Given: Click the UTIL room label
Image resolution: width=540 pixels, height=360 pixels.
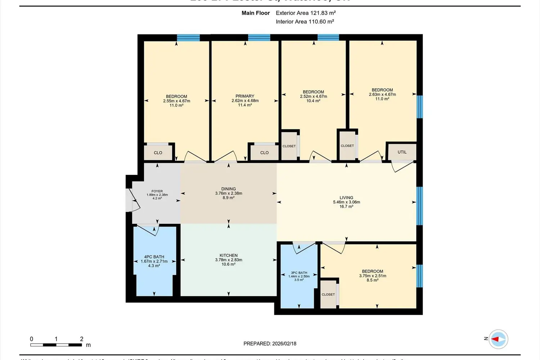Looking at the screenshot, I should pos(402,152).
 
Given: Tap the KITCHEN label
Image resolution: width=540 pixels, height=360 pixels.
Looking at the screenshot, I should pos(229,255).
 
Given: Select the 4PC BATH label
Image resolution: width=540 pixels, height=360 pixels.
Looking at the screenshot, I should pos(154,257).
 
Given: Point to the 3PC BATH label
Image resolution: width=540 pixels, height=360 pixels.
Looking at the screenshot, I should pos(299,273).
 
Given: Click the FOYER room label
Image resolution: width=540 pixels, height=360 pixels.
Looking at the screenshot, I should pos(157,191).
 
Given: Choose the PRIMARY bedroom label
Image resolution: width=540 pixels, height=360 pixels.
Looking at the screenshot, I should pos(245,96).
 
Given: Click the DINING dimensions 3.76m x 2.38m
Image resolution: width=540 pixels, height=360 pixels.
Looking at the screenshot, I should pos(229,193).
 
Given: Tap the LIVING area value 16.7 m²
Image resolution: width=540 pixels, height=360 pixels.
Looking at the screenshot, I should pos(346,207).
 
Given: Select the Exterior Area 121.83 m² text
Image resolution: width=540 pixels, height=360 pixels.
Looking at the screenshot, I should pos(306,13).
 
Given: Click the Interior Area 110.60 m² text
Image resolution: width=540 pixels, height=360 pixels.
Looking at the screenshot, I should pos(305,22).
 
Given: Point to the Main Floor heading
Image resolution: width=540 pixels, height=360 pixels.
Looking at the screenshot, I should pos(256,13).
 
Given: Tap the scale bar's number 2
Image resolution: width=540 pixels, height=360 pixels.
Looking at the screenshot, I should pos(82,339).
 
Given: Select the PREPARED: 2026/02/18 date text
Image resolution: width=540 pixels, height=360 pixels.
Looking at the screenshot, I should pos(270,343).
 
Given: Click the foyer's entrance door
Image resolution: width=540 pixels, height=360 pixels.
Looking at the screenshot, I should pos(131,199).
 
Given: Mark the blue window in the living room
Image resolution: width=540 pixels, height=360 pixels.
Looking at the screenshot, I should pos(419,206).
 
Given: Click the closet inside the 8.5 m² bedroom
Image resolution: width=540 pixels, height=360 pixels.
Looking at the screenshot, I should pos(328,294).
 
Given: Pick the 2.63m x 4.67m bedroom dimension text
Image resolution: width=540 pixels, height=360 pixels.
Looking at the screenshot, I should pos(382,94).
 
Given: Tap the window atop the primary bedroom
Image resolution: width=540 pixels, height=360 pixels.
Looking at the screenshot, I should pos(259,37).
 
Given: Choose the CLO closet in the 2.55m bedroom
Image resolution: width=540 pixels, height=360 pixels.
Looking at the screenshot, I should pos(158,153).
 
